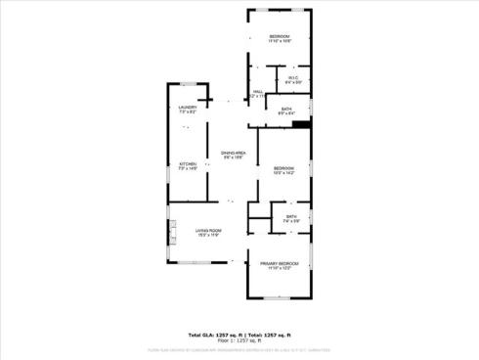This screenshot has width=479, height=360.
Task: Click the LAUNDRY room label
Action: (x=188, y=107)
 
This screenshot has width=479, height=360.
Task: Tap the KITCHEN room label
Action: (x=188, y=163)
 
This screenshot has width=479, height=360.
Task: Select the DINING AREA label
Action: (x=233, y=154)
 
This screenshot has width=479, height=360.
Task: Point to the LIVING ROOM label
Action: (x=208, y=230)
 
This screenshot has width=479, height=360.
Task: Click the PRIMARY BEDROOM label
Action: (x=279, y=264)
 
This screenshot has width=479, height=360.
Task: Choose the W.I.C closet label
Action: (x=292, y=78)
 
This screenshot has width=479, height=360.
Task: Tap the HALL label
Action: (x=257, y=91)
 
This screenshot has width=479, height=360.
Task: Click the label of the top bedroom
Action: (x=280, y=36)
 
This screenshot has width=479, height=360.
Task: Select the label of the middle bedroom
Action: (x=283, y=168)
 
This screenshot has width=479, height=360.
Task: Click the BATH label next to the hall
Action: (x=286, y=108)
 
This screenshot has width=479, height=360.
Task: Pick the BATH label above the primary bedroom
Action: (x=291, y=216)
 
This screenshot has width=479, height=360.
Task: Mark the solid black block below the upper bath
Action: (x=301, y=124)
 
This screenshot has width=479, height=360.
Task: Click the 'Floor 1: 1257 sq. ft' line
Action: (x=239, y=339)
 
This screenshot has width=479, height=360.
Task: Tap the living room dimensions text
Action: (x=208, y=236)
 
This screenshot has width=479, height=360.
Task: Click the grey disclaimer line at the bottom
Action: (x=239, y=348)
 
